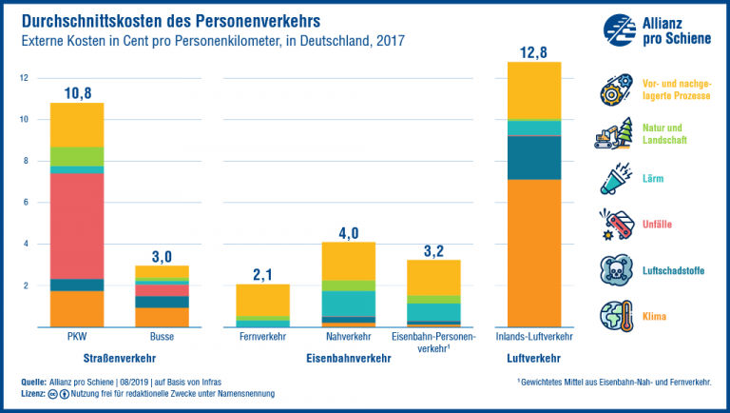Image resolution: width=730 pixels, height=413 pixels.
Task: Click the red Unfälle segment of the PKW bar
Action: (76, 226)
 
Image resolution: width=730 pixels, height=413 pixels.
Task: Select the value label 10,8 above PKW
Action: (76, 92)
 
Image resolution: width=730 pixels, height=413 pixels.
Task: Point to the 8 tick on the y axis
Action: (26, 161)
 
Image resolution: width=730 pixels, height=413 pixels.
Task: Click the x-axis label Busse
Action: (163, 338)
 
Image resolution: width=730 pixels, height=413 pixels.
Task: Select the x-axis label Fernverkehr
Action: (263, 338)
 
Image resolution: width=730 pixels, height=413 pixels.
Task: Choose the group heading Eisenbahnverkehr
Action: (349, 359)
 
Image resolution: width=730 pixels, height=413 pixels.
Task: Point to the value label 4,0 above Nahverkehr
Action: (349, 231)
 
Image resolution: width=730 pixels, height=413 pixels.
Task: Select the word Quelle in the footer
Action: (34, 382)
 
